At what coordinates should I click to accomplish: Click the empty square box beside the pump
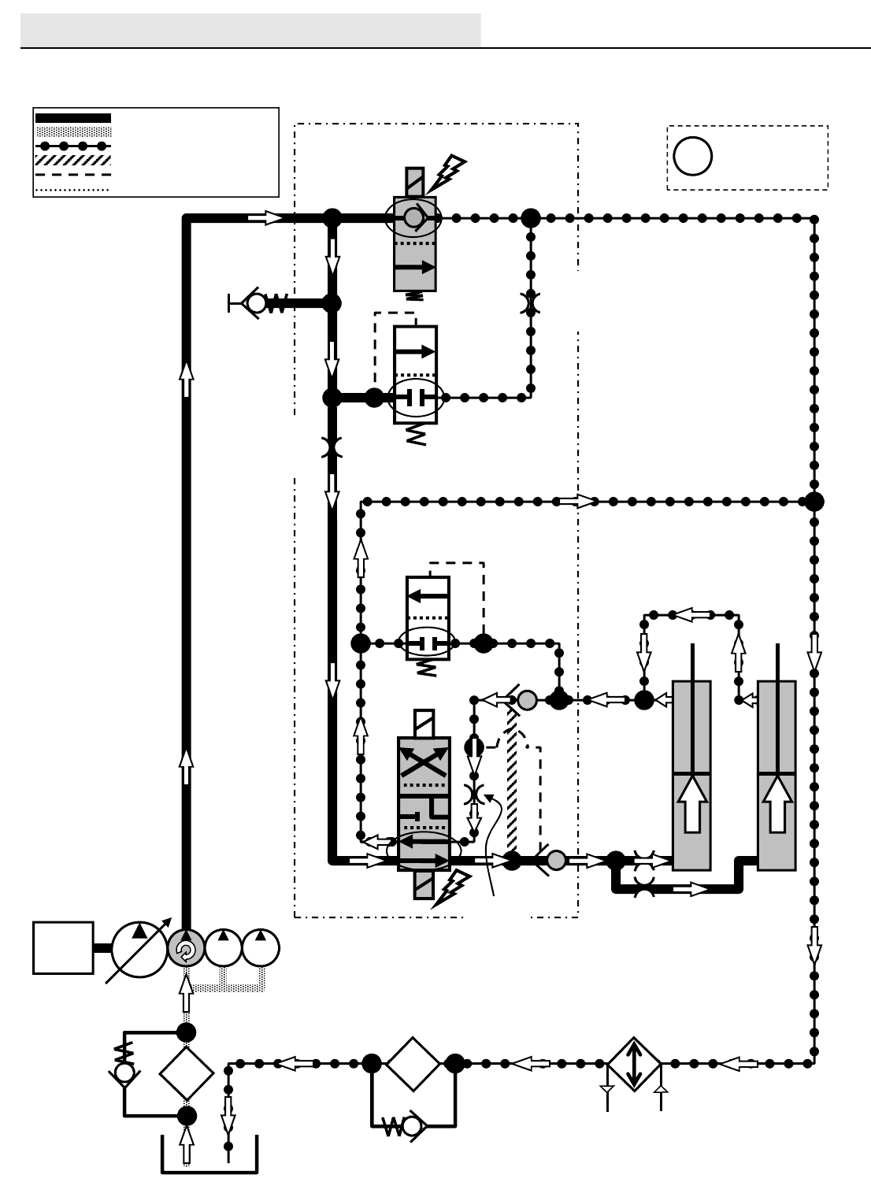click(x=63, y=948)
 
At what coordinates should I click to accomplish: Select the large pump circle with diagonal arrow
click(x=139, y=949)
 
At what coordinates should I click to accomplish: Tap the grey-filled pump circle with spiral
click(x=186, y=949)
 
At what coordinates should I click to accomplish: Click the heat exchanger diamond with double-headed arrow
click(x=634, y=1064)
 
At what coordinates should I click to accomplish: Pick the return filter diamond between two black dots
click(x=413, y=1064)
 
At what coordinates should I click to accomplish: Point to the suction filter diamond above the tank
click(x=187, y=1073)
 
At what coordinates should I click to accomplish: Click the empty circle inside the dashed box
click(x=693, y=156)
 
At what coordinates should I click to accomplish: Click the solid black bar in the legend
click(x=73, y=118)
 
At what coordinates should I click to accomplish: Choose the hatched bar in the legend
click(x=73, y=160)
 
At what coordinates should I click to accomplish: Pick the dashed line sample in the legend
click(x=73, y=175)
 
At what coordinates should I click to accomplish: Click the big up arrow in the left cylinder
click(x=692, y=803)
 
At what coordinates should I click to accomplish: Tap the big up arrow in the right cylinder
click(x=777, y=803)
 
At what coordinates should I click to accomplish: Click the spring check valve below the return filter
click(x=403, y=1128)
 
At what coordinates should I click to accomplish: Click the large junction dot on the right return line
click(x=814, y=501)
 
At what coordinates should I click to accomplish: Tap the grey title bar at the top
click(x=250, y=30)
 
